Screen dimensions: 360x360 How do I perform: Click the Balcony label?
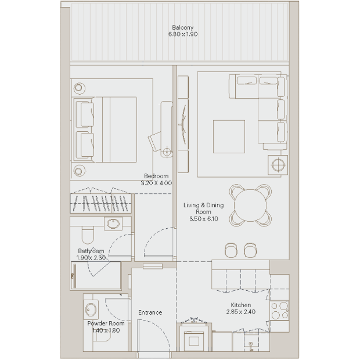pos(182,27)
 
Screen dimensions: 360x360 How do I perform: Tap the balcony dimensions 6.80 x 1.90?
pos(183,34)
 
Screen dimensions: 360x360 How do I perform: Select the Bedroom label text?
pos(156,176)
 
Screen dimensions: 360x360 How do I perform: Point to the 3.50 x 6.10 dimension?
pos(204,219)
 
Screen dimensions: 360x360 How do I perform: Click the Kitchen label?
pos(240,305)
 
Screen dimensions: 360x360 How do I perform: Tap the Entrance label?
pos(150,312)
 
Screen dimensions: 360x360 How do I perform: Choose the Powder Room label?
pos(106,323)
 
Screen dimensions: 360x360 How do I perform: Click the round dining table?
pos(250,205)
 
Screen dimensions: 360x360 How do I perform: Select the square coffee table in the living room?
pos(229,136)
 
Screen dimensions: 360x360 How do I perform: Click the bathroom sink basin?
pos(113,224)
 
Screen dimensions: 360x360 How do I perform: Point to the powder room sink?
pos(91,309)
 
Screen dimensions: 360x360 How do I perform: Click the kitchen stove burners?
pos(279,311)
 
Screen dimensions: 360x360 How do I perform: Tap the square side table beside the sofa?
pos(278,165)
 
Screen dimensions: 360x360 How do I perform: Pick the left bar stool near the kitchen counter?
pos(231,250)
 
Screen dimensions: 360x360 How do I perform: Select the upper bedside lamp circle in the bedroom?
pos(79,88)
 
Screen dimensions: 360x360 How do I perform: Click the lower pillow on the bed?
pos(87,145)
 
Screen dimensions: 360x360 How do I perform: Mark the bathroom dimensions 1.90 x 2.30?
pos(91,258)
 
